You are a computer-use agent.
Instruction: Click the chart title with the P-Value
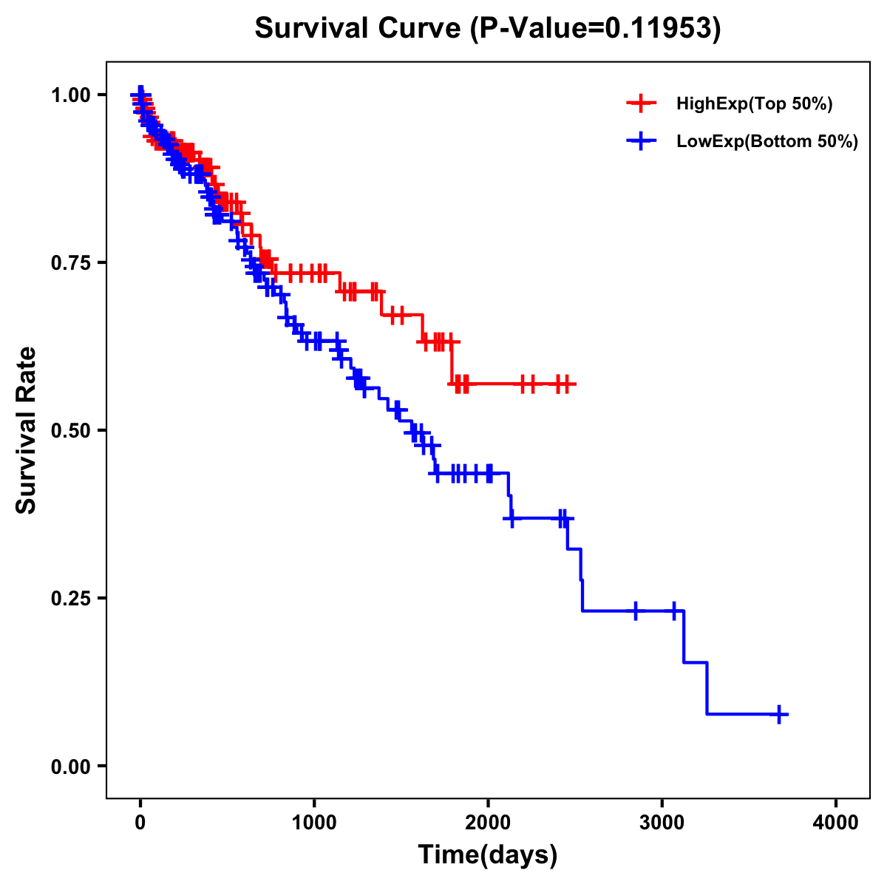(487, 29)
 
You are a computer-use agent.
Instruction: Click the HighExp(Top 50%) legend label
(755, 104)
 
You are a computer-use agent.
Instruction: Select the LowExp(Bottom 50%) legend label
(767, 142)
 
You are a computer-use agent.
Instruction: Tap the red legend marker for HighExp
(641, 103)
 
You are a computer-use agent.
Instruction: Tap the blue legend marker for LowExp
(641, 141)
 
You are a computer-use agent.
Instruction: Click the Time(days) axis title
(487, 855)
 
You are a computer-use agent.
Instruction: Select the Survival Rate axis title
(27, 430)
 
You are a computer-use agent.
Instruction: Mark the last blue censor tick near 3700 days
(779, 714)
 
